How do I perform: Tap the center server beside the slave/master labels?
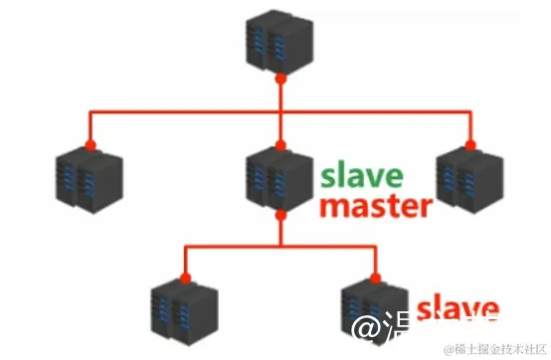(x=279, y=177)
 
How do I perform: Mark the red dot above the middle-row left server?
(x=91, y=145)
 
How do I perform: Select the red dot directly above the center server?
(x=281, y=145)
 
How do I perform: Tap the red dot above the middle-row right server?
(x=466, y=145)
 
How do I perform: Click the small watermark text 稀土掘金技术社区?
(x=491, y=349)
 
